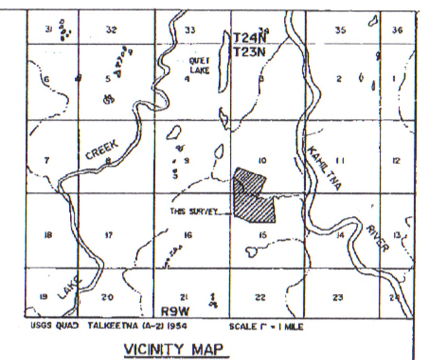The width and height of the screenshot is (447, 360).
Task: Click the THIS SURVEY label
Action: (193, 212)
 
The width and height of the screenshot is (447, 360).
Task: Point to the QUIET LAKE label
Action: (199, 65)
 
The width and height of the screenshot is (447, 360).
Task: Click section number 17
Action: (109, 235)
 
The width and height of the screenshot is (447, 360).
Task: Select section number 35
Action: (341, 30)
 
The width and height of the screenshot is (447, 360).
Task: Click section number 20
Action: (107, 297)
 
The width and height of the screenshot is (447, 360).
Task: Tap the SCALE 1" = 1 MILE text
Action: (266, 327)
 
